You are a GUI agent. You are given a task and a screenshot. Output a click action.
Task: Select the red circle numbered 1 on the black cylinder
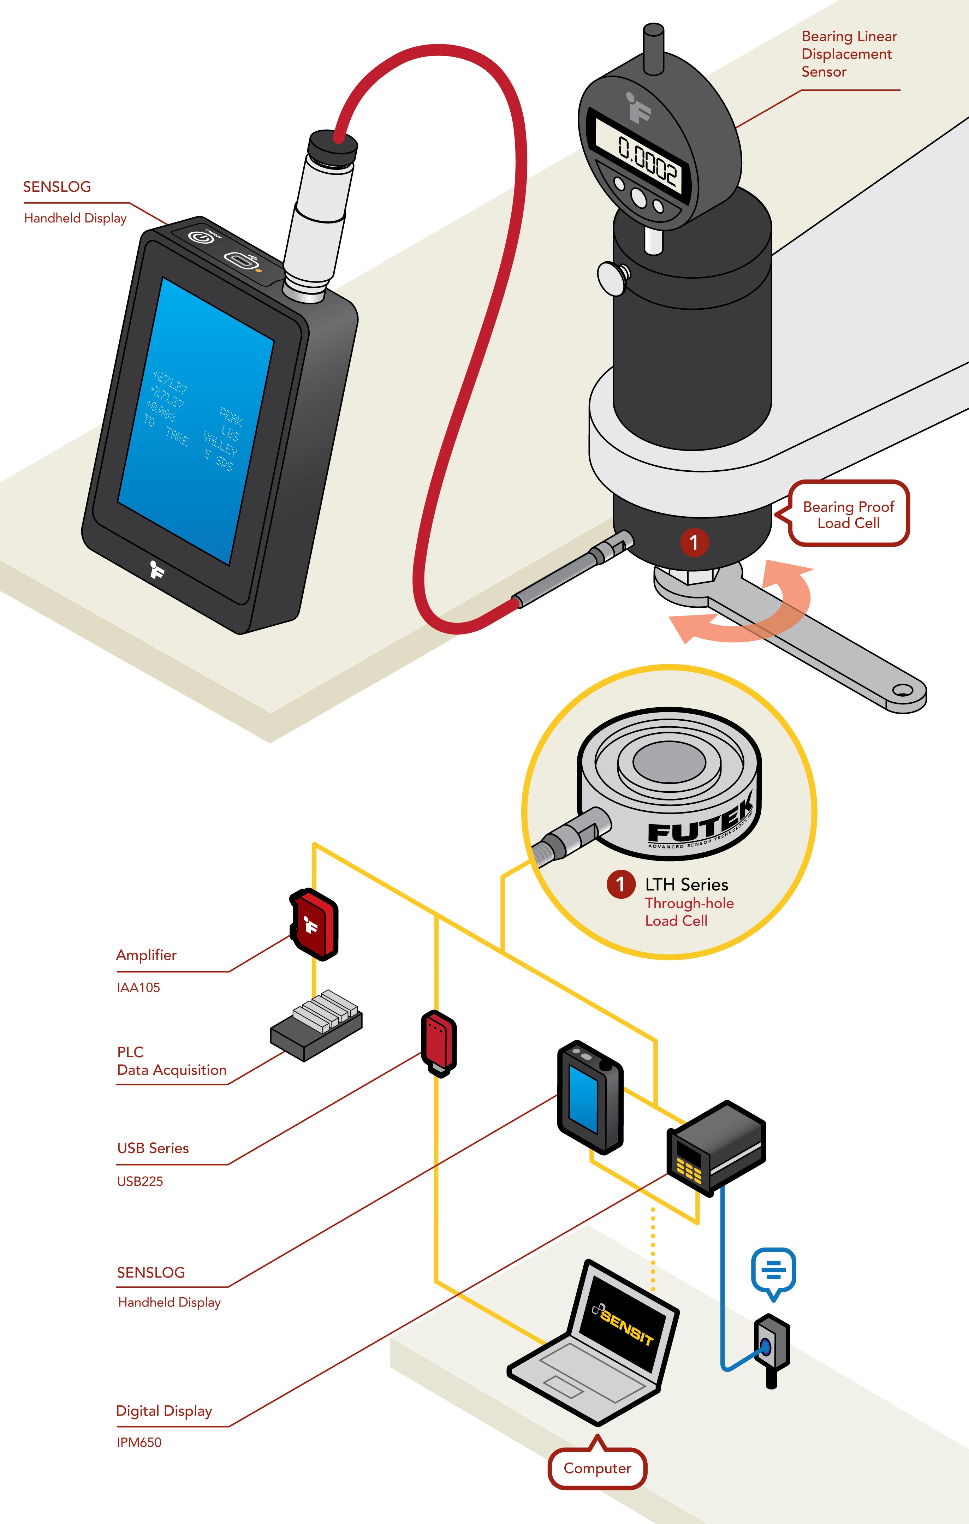point(694,542)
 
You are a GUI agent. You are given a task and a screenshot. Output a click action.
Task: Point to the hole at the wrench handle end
point(903,690)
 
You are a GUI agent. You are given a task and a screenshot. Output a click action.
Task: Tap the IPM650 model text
point(139,1442)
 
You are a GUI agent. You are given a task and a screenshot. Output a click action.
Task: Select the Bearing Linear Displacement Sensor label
point(849,54)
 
